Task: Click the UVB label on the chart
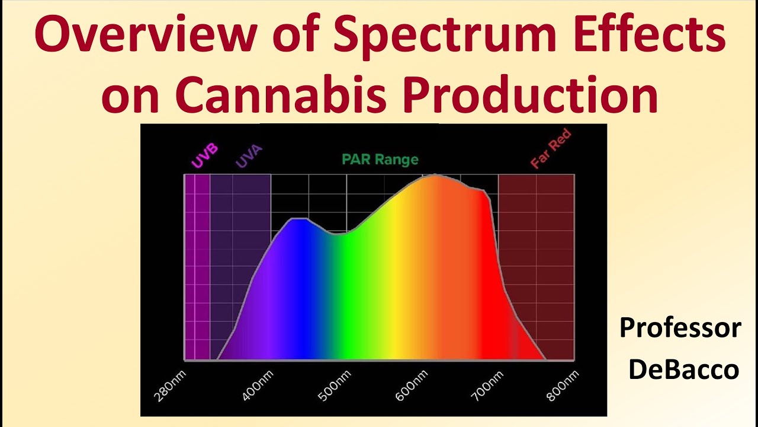point(203,155)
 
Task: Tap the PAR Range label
point(380,160)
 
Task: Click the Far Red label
point(551,149)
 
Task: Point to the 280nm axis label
point(169,385)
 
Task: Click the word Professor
point(680,328)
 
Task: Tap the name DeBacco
point(683,369)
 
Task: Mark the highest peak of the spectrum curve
point(435,175)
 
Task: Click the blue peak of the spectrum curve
point(299,219)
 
